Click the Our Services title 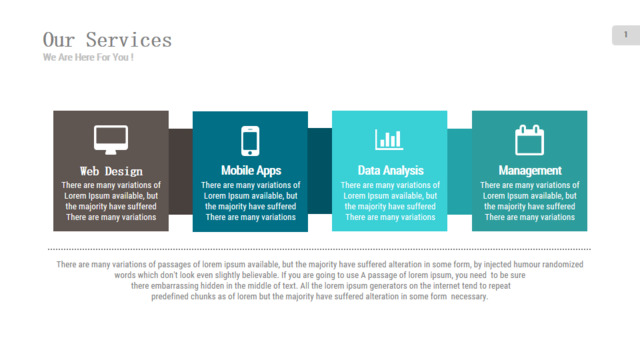click(x=107, y=40)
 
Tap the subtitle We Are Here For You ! click(x=88, y=57)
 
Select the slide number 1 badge click(x=626, y=35)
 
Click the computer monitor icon click(x=111, y=140)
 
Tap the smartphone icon click(x=250, y=141)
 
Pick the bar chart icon click(x=389, y=139)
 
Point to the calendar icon click(x=529, y=140)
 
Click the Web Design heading click(x=111, y=171)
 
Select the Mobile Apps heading click(x=251, y=170)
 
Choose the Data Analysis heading click(x=391, y=170)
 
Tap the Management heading click(x=530, y=170)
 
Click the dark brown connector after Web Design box click(x=180, y=171)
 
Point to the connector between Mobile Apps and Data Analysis click(x=320, y=171)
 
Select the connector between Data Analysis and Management click(x=460, y=171)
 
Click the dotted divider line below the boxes click(x=319, y=249)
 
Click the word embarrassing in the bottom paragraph click(x=175, y=286)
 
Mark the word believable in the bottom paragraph click(x=260, y=275)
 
